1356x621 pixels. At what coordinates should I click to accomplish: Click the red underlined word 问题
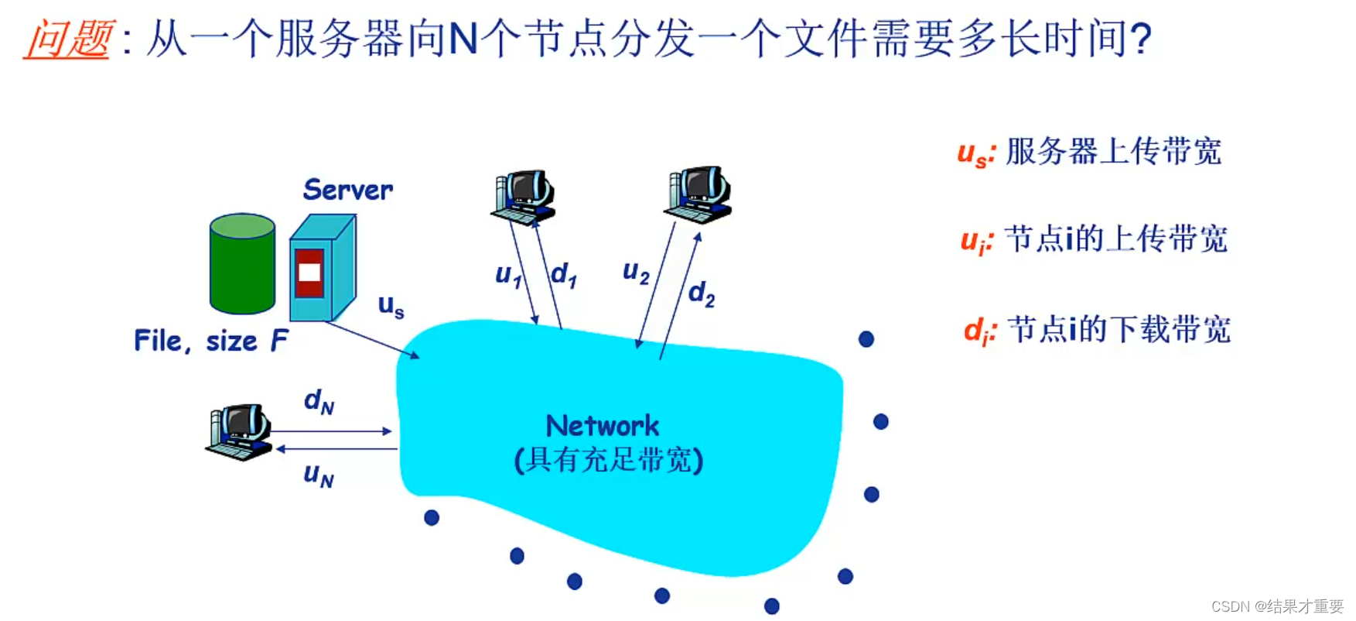pyautogui.click(x=68, y=39)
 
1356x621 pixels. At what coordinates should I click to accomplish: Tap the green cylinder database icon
pyautogui.click(x=242, y=264)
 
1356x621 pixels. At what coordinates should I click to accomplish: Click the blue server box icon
pyautogui.click(x=322, y=269)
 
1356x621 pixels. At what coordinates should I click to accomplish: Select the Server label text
pyautogui.click(x=347, y=190)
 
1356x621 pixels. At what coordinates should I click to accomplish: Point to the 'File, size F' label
pyautogui.click(x=210, y=341)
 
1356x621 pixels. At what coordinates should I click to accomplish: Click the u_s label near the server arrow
pyautogui.click(x=391, y=306)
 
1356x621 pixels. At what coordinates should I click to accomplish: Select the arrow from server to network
pyautogui.click(x=372, y=340)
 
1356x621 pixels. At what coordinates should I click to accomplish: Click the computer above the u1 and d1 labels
pyautogui.click(x=524, y=197)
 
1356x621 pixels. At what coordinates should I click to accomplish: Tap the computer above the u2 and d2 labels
pyautogui.click(x=698, y=193)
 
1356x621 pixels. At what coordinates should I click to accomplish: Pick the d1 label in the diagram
pyautogui.click(x=564, y=274)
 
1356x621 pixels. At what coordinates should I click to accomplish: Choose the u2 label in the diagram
pyautogui.click(x=636, y=272)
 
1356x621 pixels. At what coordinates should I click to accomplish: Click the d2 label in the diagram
pyautogui.click(x=702, y=293)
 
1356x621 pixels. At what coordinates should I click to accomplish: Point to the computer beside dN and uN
pyautogui.click(x=239, y=431)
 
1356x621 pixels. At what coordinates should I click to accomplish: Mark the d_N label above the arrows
pyautogui.click(x=319, y=401)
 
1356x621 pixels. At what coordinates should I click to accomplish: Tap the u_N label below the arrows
pyautogui.click(x=319, y=474)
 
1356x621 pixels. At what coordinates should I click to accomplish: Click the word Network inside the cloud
pyautogui.click(x=603, y=426)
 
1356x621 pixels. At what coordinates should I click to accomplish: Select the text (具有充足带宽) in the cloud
pyautogui.click(x=609, y=460)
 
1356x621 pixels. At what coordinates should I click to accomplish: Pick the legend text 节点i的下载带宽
pyautogui.click(x=1119, y=329)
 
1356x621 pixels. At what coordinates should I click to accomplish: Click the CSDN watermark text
pyautogui.click(x=1276, y=606)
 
